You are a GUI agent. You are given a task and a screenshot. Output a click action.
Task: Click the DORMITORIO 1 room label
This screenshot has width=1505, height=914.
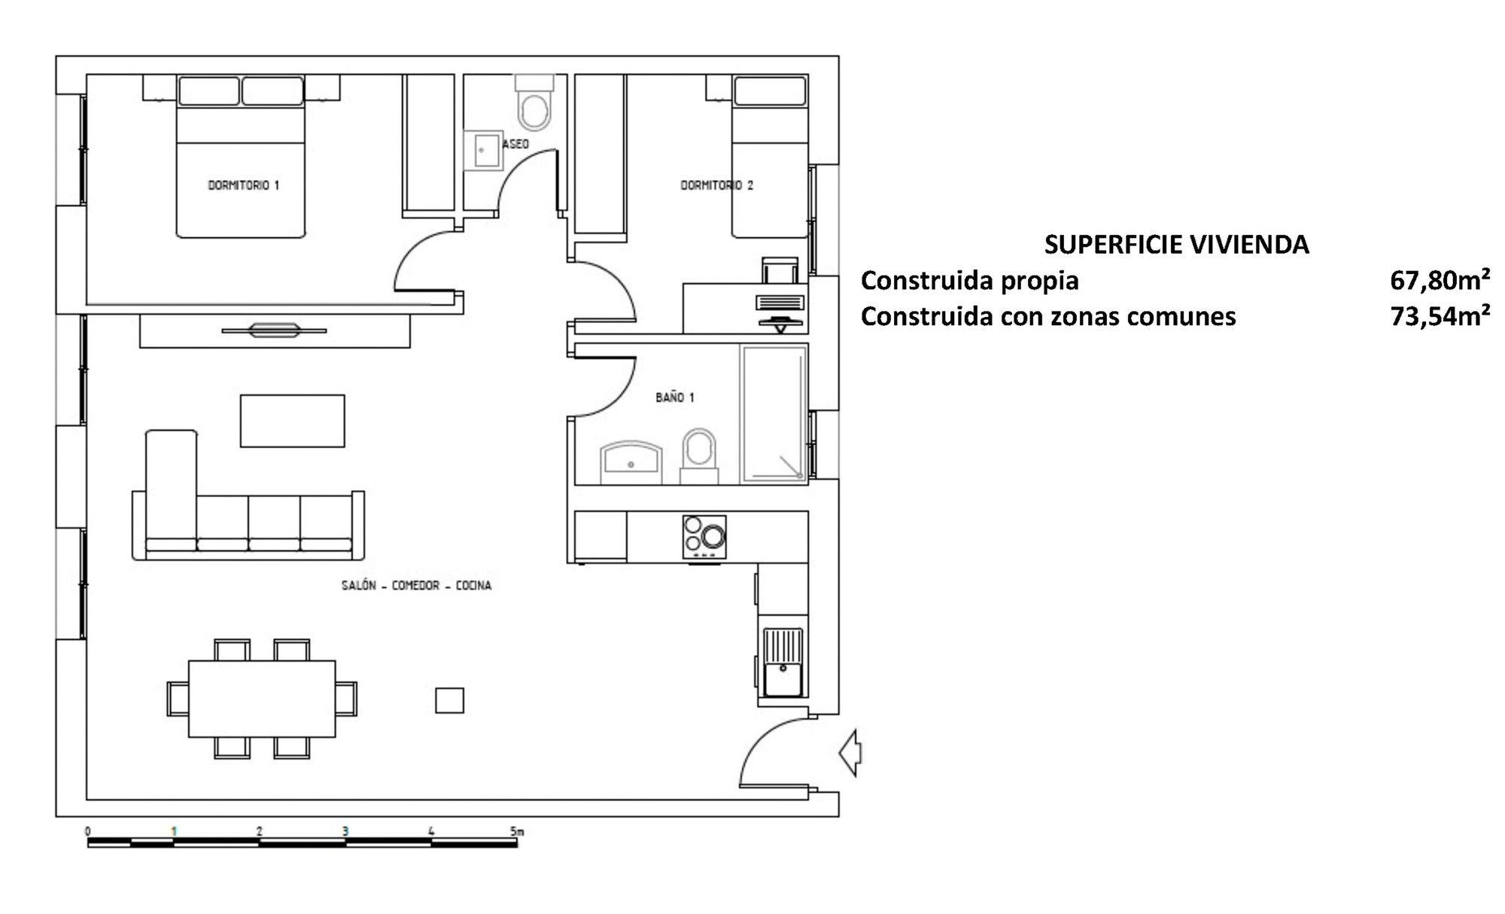pyautogui.click(x=243, y=185)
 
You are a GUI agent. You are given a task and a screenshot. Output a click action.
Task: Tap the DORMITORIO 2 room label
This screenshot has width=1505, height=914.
pyautogui.click(x=716, y=185)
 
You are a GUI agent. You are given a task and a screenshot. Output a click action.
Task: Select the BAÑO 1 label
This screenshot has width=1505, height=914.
pyautogui.click(x=674, y=398)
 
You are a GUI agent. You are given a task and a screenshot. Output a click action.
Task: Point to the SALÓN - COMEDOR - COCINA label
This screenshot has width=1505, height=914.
pyautogui.click(x=416, y=586)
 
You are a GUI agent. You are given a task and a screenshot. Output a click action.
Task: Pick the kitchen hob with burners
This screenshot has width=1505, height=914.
pyautogui.click(x=704, y=537)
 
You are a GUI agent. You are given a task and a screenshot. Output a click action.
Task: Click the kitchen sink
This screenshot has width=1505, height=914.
pyautogui.click(x=783, y=663)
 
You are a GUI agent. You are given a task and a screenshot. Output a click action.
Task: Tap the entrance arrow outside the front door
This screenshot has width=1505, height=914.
pyautogui.click(x=850, y=752)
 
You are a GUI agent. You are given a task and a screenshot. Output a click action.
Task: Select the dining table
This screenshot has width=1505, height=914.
pyautogui.click(x=262, y=699)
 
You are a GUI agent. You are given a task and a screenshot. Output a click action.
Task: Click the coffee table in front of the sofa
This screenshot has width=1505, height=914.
pyautogui.click(x=293, y=421)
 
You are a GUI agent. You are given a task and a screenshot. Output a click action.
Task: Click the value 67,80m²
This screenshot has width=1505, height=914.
pyautogui.click(x=1440, y=281)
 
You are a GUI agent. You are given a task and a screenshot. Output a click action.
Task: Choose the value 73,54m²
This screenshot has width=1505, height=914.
pyautogui.click(x=1440, y=317)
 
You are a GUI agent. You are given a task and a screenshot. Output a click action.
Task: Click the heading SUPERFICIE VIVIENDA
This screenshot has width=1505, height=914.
pyautogui.click(x=1176, y=245)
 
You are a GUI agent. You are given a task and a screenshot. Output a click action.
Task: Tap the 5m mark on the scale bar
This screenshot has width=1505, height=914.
pyautogui.click(x=516, y=832)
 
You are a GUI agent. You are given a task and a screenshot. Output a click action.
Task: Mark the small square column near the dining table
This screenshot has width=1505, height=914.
pyautogui.click(x=450, y=700)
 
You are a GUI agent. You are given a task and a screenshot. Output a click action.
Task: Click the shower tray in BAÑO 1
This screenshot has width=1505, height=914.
pyautogui.click(x=774, y=413)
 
